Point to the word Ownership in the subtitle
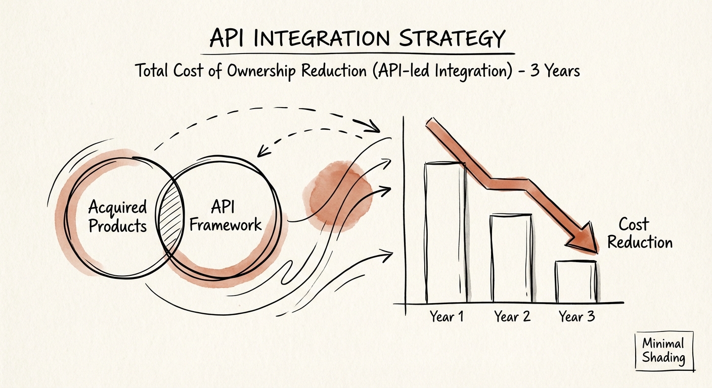[261, 71]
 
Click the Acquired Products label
[117, 216]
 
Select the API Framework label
[225, 216]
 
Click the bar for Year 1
[446, 232]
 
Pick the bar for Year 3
[576, 281]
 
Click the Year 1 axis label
[447, 317]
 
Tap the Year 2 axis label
[512, 317]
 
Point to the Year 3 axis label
[576, 317]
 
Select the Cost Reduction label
[639, 233]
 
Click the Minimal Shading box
[663, 351]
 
